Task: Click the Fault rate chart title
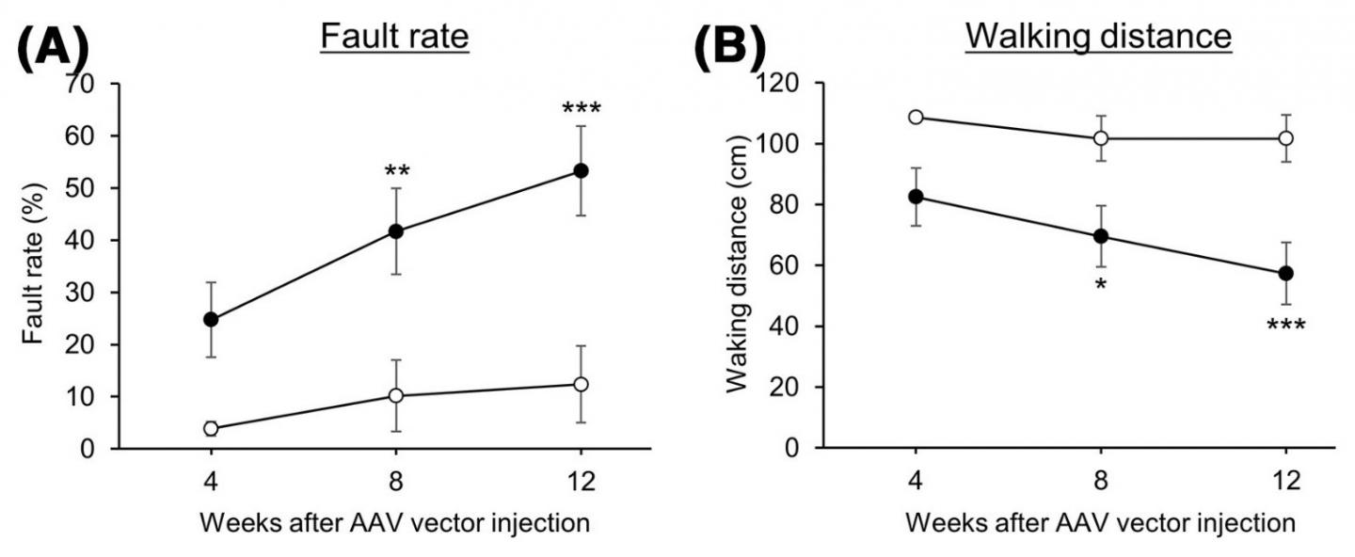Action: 394,37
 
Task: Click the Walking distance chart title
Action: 1098,37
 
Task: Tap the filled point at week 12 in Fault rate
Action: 581,170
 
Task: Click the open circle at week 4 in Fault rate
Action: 211,428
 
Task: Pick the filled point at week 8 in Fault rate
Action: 396,231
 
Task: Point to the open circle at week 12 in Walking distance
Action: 1286,138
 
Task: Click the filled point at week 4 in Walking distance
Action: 916,196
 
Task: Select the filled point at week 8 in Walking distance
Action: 1101,236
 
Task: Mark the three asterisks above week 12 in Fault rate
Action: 581,109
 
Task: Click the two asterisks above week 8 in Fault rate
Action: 396,172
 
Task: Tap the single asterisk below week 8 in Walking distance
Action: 1101,283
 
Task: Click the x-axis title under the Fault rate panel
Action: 396,524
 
